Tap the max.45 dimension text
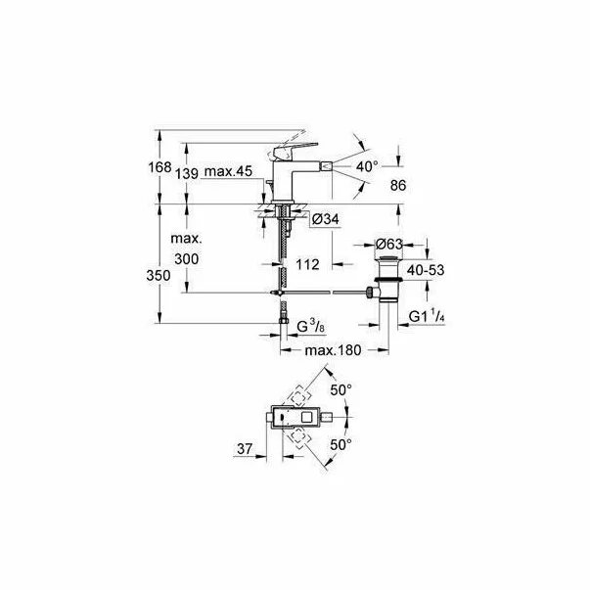tap(231, 172)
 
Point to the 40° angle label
tap(366, 167)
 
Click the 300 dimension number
tap(185, 258)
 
